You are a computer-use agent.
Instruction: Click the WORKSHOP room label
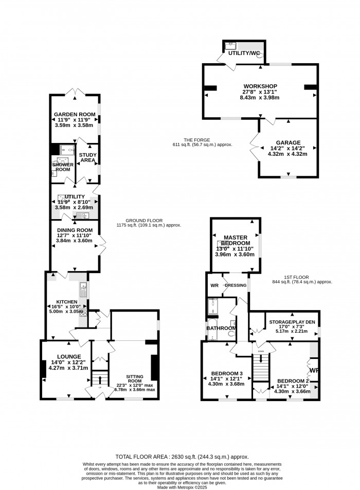260,86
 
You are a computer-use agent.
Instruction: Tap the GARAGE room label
288,142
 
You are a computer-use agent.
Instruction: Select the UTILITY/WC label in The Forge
240,52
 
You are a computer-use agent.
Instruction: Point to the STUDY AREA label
88,157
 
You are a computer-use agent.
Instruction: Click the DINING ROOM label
74,230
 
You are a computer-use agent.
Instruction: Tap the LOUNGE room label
69,356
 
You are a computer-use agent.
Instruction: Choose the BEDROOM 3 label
227,373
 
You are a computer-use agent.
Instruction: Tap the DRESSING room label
235,285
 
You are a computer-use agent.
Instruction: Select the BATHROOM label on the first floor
221,328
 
